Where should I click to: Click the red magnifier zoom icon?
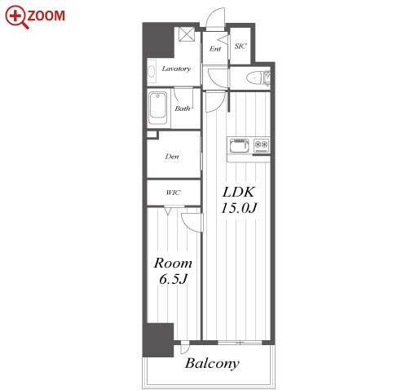tap(15, 16)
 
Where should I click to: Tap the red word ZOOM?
tap(46, 16)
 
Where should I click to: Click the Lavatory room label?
tap(176, 69)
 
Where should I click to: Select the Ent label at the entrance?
tap(215, 49)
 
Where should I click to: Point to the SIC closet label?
tap(241, 47)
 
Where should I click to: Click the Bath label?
tap(183, 109)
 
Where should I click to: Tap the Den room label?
tap(172, 157)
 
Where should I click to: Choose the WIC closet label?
tap(173, 193)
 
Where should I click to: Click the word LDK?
tap(238, 192)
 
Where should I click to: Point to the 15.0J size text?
tap(239, 208)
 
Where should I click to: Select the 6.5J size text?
tap(173, 279)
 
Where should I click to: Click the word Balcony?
tap(212, 363)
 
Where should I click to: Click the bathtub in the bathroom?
tap(158, 109)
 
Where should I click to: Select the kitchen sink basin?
tap(240, 146)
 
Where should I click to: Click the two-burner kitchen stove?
tap(261, 144)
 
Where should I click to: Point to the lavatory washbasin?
tap(152, 72)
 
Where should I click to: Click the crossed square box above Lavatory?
tap(187, 34)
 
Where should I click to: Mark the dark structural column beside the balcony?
tap(158, 340)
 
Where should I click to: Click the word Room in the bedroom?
tap(173, 264)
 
